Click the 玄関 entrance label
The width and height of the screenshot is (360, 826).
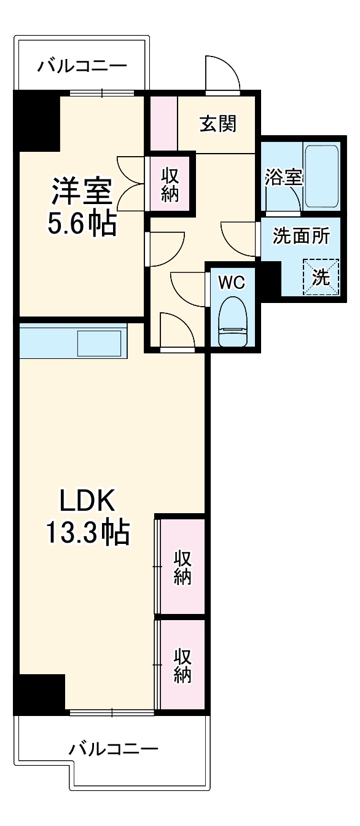[x=217, y=124]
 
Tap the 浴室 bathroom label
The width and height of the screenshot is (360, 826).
[x=284, y=178]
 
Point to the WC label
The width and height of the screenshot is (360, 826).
[x=232, y=283]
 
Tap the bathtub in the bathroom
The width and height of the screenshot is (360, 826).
[x=321, y=176]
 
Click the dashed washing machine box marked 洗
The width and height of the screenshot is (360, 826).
[x=321, y=276]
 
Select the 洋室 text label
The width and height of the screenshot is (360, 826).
[x=82, y=191]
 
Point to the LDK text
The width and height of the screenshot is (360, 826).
[x=87, y=502]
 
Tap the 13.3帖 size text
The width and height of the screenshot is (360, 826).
[x=87, y=532]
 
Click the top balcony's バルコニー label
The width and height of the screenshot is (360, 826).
[x=82, y=65]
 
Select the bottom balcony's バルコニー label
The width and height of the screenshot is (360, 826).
[x=114, y=749]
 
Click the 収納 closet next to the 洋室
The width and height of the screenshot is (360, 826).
[x=170, y=184]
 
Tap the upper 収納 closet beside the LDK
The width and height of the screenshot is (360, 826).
[x=182, y=567]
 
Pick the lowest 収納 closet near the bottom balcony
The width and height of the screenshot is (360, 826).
[x=182, y=665]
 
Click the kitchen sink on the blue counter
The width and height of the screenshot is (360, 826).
[x=100, y=343]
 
